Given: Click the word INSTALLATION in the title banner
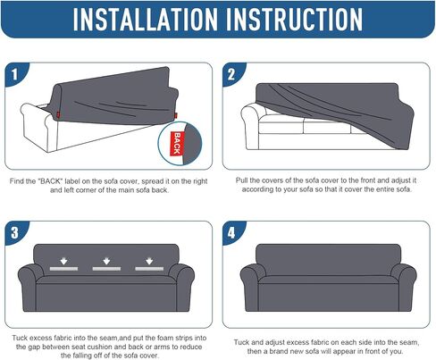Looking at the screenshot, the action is pos(146,20).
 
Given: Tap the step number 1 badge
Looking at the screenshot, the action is pos(15,74).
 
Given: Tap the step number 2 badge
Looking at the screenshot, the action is pos(232,74).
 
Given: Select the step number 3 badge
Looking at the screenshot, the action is pos(15,232).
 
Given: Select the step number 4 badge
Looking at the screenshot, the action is pos(232,232).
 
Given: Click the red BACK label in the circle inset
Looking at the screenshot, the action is pos(177,143).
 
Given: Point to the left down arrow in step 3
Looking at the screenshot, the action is pos(63,261).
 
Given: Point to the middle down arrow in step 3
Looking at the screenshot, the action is pos(106,261).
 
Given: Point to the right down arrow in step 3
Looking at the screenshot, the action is pos(149,261).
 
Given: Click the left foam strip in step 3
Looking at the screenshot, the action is pos(63,269).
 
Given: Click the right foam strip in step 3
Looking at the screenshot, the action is pos(149,269).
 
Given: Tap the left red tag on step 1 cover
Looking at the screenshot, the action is pos(58,114).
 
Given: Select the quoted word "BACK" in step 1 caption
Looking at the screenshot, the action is pos(50,181).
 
